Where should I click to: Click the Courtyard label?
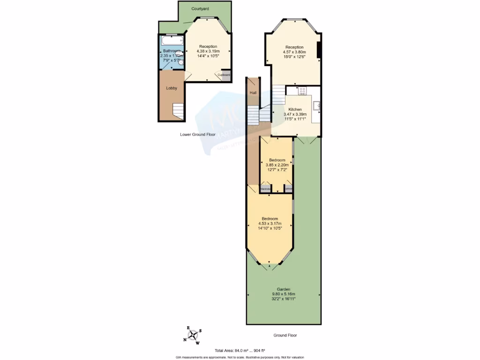pyautogui.click(x=200, y=9)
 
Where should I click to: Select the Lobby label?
pyautogui.click(x=171, y=88)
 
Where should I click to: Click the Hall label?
pyautogui.click(x=253, y=93)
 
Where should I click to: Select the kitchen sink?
pyautogui.click(x=316, y=105)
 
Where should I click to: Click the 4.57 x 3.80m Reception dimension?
pyautogui.click(x=295, y=52)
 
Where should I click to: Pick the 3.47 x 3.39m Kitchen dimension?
pyautogui.click(x=295, y=114)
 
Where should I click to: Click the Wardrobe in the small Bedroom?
pyautogui.click(x=266, y=189)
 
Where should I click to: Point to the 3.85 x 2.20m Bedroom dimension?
pyautogui.click(x=277, y=165)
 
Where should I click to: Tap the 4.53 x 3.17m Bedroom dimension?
pyautogui.click(x=270, y=224)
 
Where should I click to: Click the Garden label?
pyautogui.click(x=284, y=289)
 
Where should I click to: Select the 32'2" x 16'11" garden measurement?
pyautogui.click(x=284, y=299)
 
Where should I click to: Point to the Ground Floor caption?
pyautogui.click(x=285, y=335)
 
